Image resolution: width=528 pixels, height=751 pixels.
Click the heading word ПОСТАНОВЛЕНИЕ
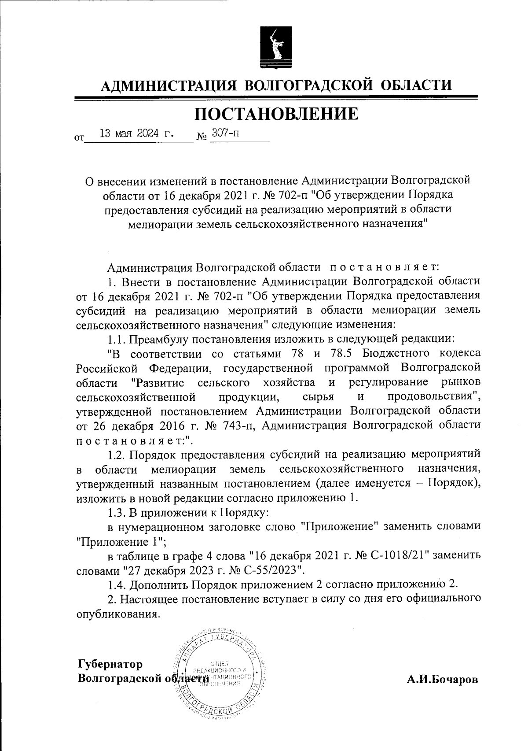tap(276, 114)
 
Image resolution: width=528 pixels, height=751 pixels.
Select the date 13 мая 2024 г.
tap(137, 133)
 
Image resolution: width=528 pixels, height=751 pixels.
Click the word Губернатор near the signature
tap(110, 664)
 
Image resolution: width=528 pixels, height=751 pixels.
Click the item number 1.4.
tap(116, 585)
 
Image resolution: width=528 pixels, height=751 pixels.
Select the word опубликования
tap(117, 614)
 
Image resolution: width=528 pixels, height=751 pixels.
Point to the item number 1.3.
tap(116, 513)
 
